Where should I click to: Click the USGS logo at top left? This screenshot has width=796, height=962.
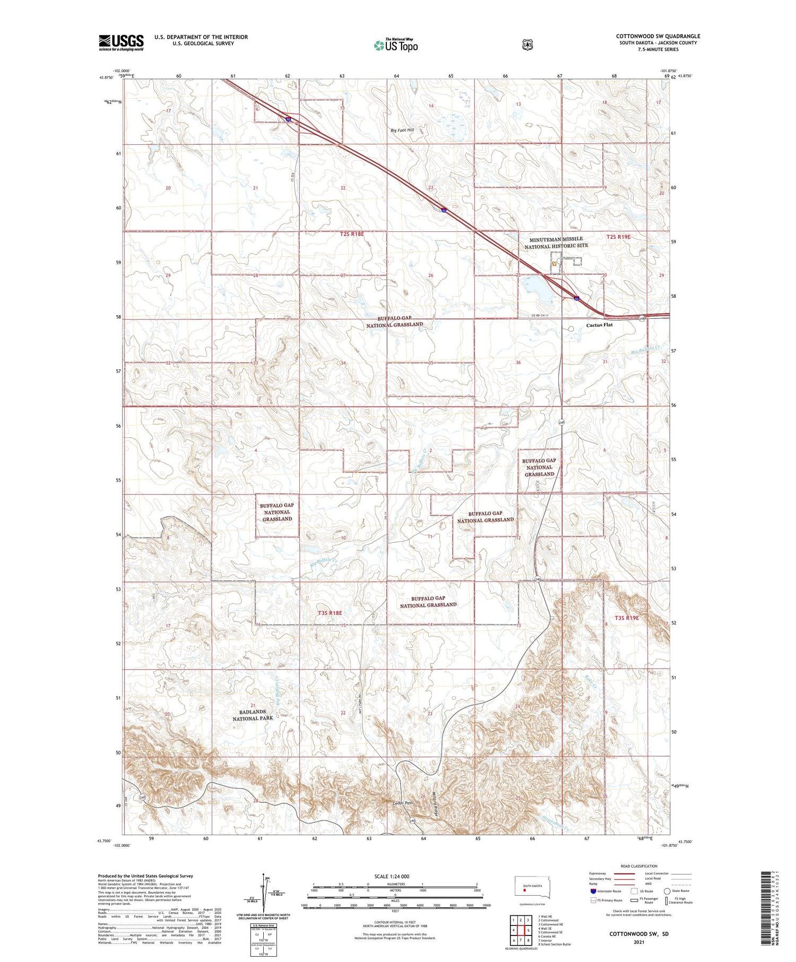click(x=121, y=42)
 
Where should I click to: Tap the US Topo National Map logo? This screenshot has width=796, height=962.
click(x=395, y=45)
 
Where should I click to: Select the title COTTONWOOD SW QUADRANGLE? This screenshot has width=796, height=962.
click(x=657, y=36)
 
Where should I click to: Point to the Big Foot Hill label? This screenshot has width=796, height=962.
click(x=402, y=129)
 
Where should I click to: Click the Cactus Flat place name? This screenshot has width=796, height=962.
click(x=599, y=325)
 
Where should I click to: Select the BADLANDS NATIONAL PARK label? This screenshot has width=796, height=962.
click(x=253, y=715)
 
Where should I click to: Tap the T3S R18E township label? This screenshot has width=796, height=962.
click(x=330, y=613)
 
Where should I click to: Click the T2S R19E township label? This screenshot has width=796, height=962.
click(x=618, y=237)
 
